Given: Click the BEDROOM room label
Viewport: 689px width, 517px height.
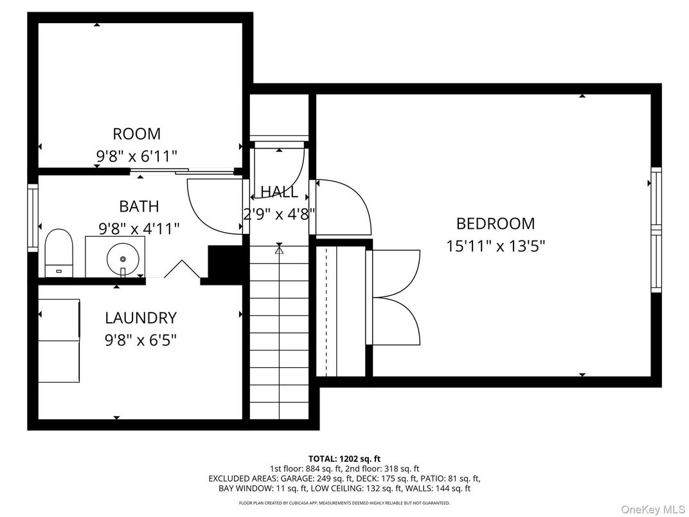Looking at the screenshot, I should coord(495,224).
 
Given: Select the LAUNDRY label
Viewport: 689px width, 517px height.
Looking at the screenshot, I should coord(140,318).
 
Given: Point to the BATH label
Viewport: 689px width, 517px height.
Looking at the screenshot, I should coord(139,206).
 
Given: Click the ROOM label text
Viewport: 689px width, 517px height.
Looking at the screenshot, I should coord(136,134).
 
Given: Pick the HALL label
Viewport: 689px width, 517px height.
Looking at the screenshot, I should coord(279,192).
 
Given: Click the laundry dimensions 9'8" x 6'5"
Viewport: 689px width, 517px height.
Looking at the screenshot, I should coord(140,339).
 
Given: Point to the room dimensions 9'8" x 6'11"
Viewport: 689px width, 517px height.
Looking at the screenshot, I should coord(136,155).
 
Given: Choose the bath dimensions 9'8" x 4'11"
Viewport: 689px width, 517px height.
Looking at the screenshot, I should coord(139,228).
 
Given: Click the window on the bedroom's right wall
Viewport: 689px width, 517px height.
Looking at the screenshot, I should coord(656,229).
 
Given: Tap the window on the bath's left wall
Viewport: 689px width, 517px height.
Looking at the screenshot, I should coord(32,217).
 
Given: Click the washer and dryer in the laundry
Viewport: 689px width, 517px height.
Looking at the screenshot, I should coord(59,340).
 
